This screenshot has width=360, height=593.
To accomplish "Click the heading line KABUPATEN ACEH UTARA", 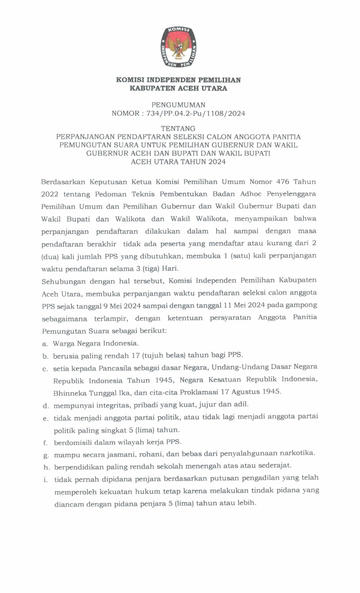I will (178, 89).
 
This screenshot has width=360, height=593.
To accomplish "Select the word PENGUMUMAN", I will (178, 105).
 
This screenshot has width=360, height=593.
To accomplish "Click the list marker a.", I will (45, 343).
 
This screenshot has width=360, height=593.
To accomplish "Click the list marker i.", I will (45, 478).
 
